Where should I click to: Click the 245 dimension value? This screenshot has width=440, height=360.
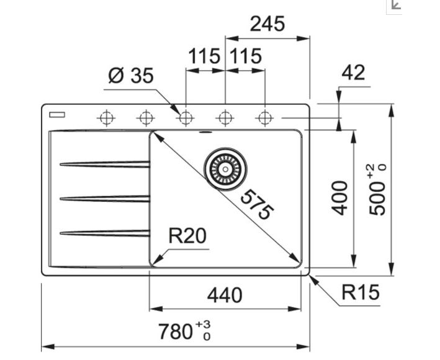(267, 24)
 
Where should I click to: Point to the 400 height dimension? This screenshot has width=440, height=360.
(339, 197)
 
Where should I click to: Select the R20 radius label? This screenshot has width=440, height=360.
(187, 236)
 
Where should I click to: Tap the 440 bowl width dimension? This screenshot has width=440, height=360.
(224, 295)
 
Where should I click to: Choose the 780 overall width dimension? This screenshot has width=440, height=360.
(175, 331)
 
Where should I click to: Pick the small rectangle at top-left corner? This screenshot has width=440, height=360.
(60, 115)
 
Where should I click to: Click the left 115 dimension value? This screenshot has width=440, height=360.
(205, 56)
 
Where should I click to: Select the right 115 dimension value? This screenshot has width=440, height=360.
(245, 56)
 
